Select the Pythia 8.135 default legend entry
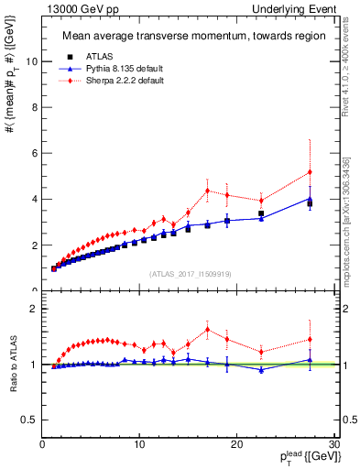coord(115,68)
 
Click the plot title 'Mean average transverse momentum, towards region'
coord(188,37)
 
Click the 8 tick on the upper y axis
coord(35,107)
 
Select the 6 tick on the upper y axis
coord(35,153)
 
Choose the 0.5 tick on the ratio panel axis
coord(30,420)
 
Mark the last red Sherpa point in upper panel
coord(310,172)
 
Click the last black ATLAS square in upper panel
coord(310,203)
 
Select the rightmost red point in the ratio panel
coord(310,340)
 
